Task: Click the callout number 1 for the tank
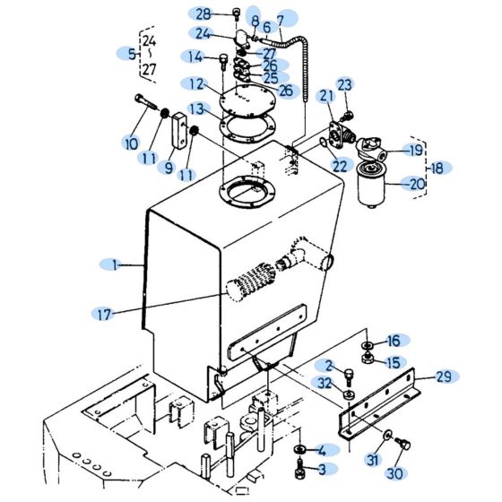point(115,264)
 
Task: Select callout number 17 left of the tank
point(104,314)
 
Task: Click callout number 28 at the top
point(203,13)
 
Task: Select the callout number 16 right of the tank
point(394,341)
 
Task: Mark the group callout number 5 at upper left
point(132,54)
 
